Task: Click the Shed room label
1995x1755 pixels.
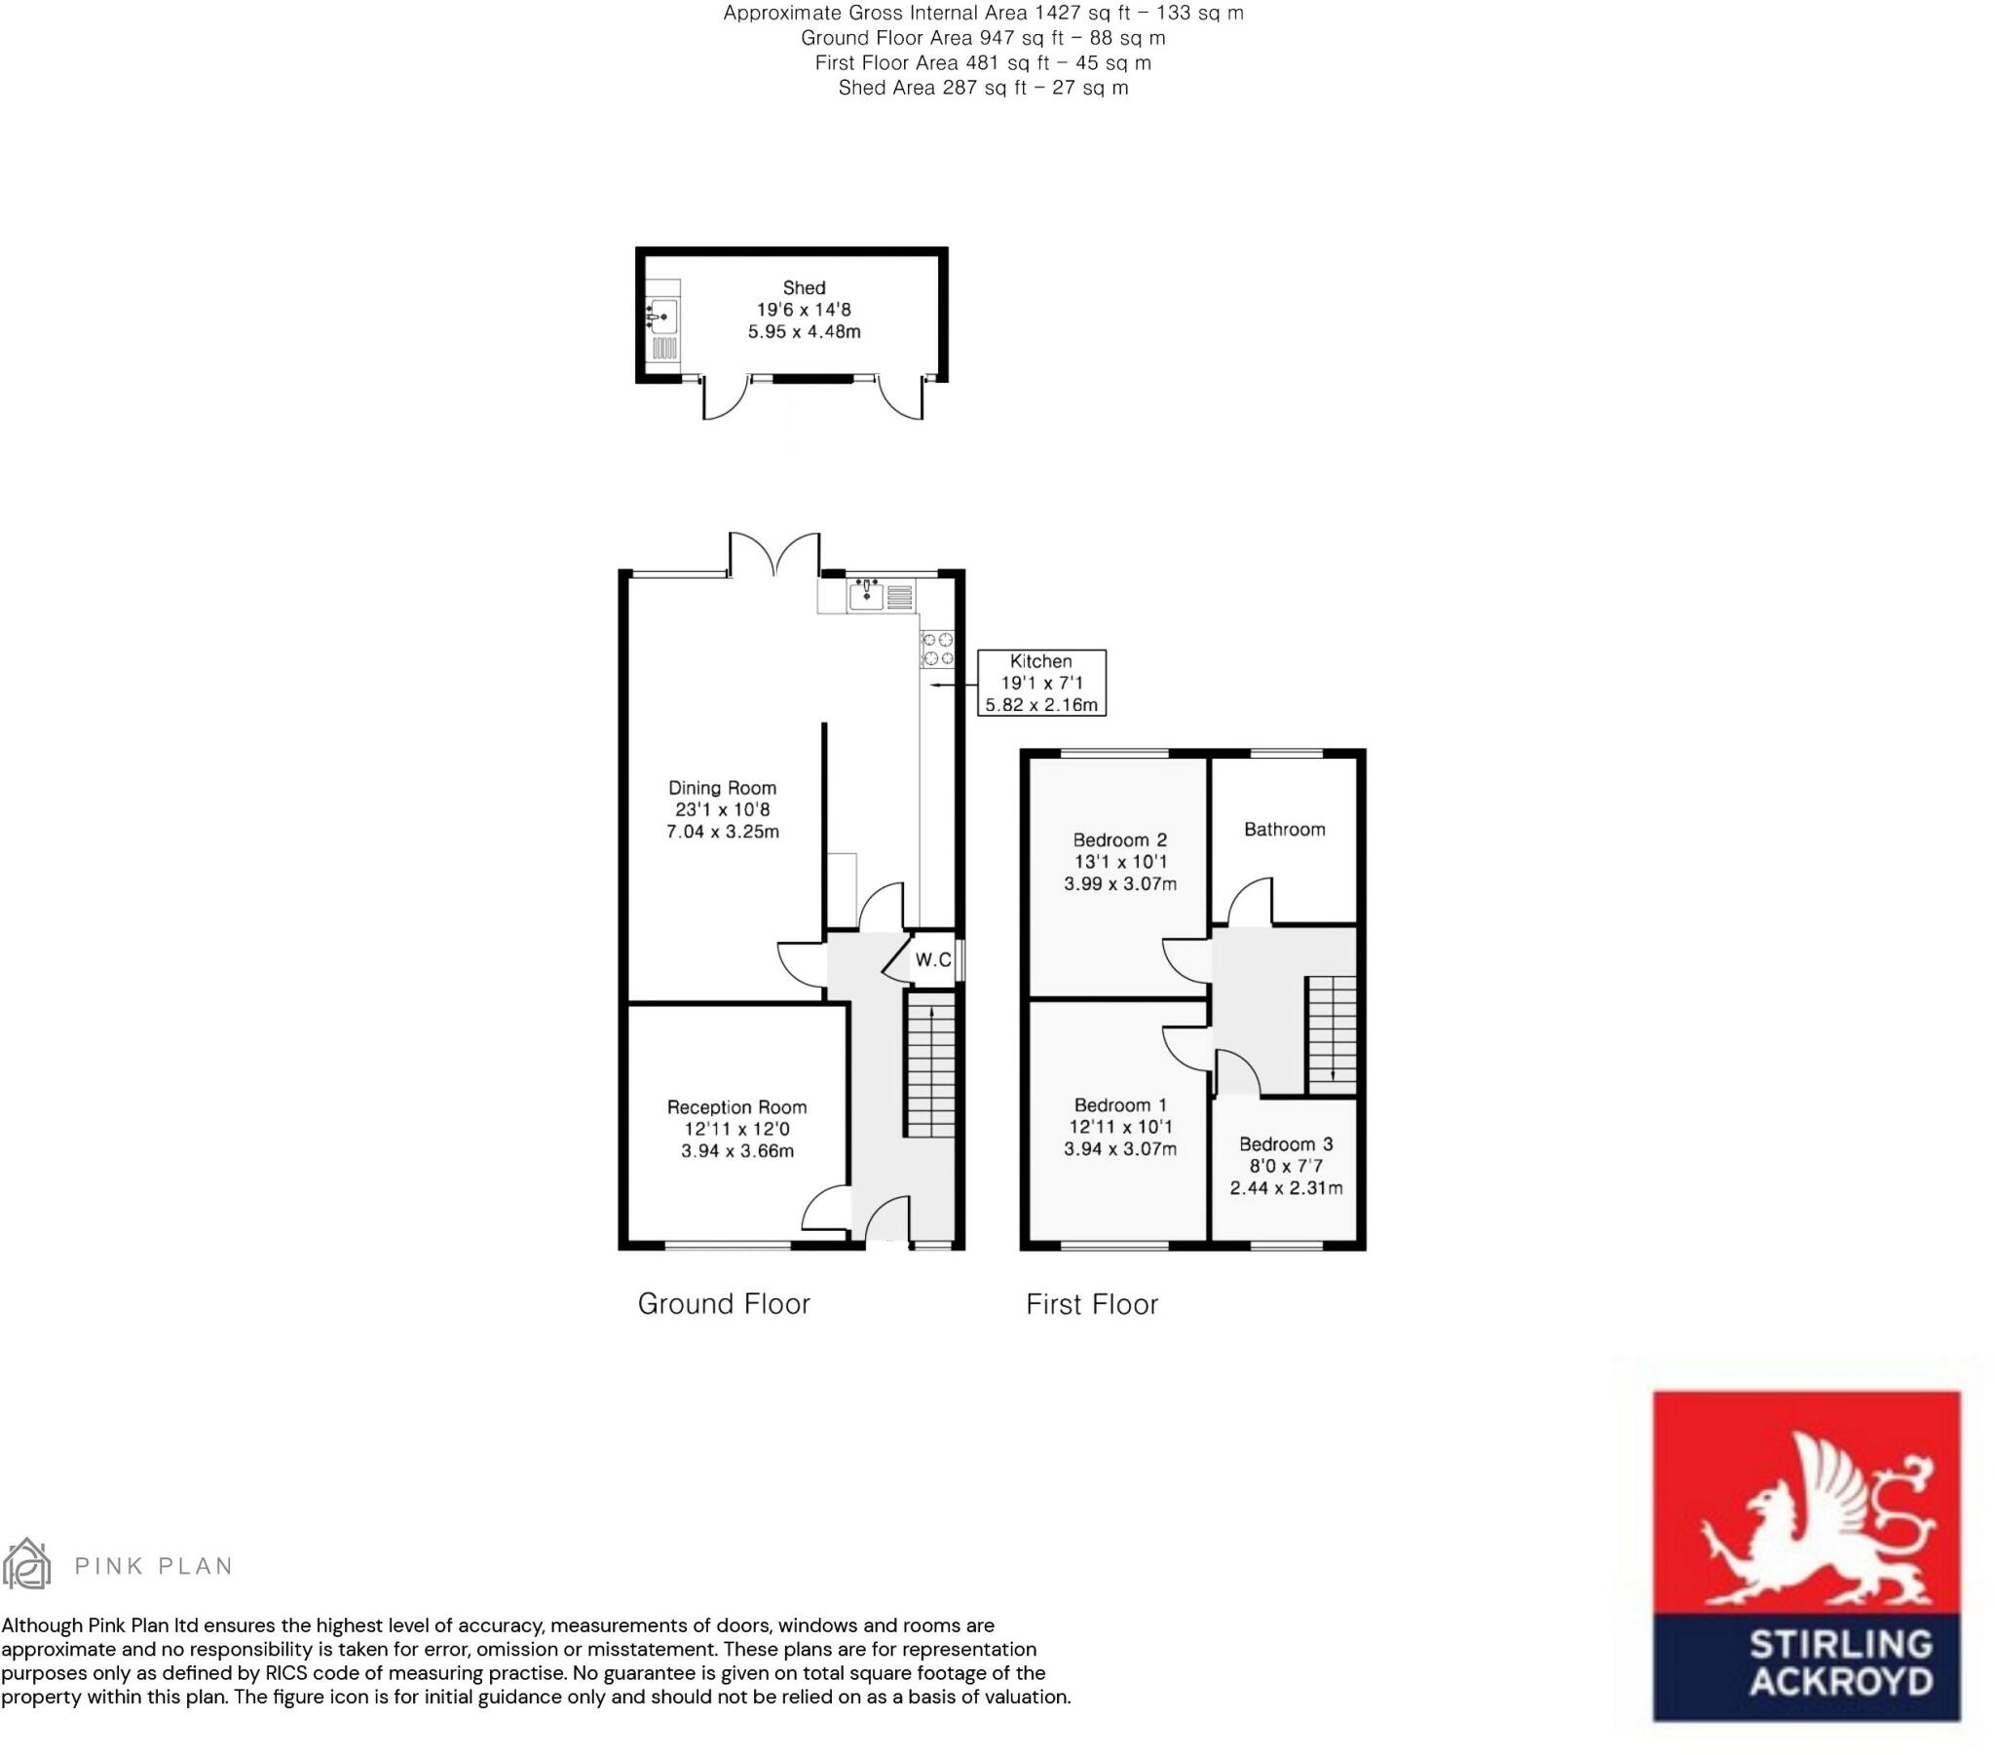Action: pyautogui.click(x=805, y=288)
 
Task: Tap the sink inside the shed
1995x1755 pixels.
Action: pyautogui.click(x=662, y=317)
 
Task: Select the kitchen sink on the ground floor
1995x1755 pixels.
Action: pyautogui.click(x=866, y=594)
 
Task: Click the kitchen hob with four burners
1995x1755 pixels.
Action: pyautogui.click(x=938, y=649)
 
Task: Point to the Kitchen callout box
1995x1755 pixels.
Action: pyautogui.click(x=1041, y=683)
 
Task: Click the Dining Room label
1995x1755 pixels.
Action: pyautogui.click(x=722, y=788)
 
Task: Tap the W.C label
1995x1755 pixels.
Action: pyautogui.click(x=933, y=959)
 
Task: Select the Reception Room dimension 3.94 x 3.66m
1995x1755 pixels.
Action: pyautogui.click(x=736, y=1151)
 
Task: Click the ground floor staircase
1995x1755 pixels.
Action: pyautogui.click(x=931, y=1064)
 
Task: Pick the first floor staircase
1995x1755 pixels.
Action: pyautogui.click(x=1333, y=1034)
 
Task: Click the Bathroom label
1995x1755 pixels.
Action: pyautogui.click(x=1285, y=830)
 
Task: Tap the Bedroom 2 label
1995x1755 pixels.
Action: pyautogui.click(x=1119, y=840)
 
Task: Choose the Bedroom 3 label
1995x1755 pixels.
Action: pyautogui.click(x=1286, y=1144)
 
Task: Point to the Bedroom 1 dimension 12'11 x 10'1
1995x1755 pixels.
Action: pyautogui.click(x=1119, y=1128)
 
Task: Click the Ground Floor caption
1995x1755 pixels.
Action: pyautogui.click(x=724, y=1304)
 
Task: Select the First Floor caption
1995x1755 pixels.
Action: pyautogui.click(x=1092, y=1304)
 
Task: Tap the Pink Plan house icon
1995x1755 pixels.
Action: pyautogui.click(x=26, y=1564)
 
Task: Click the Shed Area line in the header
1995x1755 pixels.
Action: pyautogui.click(x=984, y=88)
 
